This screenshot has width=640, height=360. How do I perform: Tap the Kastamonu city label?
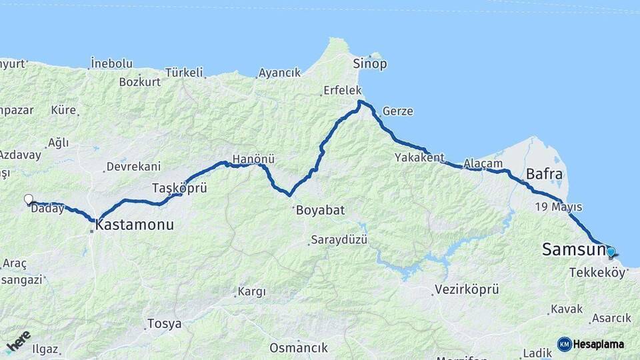[135, 225]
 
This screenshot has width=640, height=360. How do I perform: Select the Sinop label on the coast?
[370, 64]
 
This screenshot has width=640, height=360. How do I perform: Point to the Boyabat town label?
[319, 210]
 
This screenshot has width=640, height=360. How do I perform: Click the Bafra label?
[545, 175]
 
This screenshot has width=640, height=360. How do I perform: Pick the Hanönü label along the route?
[253, 160]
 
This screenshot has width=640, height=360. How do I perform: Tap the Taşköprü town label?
[179, 187]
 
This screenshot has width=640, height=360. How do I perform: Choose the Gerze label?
[397, 111]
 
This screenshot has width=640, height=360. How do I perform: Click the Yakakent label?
[419, 157]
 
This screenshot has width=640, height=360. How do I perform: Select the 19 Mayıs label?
[558, 207]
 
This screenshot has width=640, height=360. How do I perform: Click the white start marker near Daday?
[28, 199]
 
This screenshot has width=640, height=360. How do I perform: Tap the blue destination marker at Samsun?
[611, 252]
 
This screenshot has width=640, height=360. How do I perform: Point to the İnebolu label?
[111, 64]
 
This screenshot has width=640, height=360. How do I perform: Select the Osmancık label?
[299, 347]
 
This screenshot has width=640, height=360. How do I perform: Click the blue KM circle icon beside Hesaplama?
[565, 344]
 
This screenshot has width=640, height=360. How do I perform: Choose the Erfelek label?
[342, 90]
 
